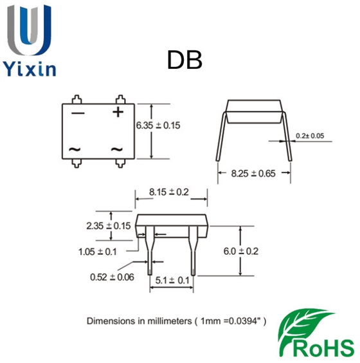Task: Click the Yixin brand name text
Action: point(30,68)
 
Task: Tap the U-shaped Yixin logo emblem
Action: point(29,30)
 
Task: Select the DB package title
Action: point(184,60)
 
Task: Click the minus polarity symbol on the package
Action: point(78,113)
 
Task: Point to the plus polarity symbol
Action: point(118,112)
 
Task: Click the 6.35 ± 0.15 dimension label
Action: point(158,126)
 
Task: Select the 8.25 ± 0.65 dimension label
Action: point(253,173)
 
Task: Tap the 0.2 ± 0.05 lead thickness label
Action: point(310,136)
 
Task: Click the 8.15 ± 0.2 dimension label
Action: point(169,192)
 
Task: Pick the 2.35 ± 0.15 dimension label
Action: point(109,226)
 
